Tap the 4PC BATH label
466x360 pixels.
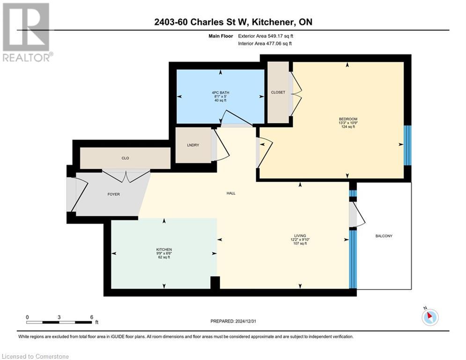pos(219,92)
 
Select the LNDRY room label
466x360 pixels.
pos(193,145)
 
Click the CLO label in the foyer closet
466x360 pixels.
pos(125,158)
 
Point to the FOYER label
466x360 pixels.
pos(114,194)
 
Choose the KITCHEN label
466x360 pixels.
pos(164,249)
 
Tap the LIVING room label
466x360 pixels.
pos(300,235)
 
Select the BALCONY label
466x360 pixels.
pos(384,236)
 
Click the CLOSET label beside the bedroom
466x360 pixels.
pos(278,92)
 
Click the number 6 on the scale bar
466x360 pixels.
pos(91,316)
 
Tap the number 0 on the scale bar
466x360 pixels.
pos(28,316)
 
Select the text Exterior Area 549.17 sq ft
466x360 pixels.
pos(268,36)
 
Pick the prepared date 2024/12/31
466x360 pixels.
pos(247,321)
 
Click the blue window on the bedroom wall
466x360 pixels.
pos(407,145)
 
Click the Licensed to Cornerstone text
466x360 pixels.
pos(35,356)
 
